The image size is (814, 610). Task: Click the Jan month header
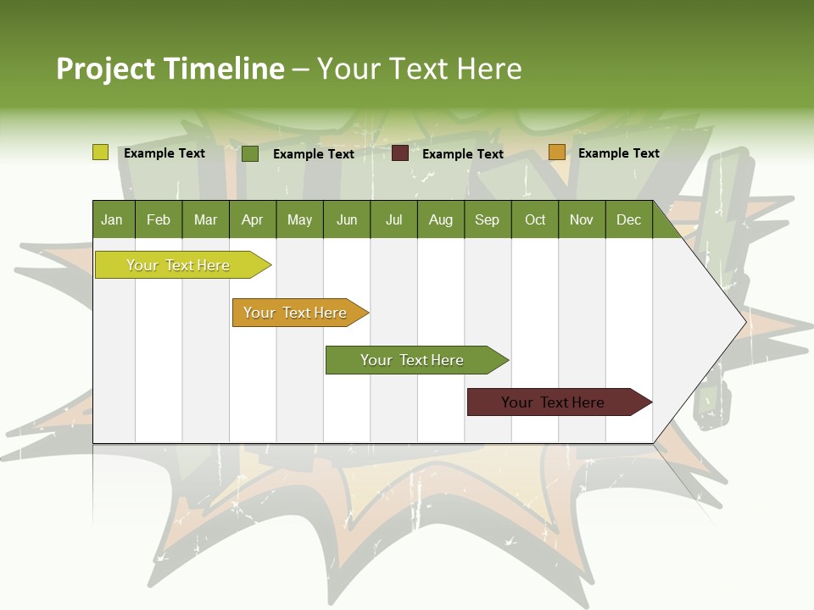point(113,219)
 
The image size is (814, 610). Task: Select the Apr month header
point(253,219)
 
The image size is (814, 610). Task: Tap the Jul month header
point(393,219)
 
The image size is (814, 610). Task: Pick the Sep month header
point(487,219)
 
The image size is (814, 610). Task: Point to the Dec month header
point(628,219)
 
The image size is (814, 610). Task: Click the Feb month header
point(159,219)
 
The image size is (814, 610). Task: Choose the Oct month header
point(535,219)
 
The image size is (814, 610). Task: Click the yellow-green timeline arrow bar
point(178,265)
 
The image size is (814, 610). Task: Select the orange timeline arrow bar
point(295,313)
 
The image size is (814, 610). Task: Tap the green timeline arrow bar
point(412,360)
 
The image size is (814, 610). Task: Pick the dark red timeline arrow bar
point(553,402)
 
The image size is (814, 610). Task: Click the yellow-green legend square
point(100,152)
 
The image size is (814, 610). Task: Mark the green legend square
point(250,153)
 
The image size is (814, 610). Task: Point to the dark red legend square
point(400,153)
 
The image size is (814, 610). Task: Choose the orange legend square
point(556,152)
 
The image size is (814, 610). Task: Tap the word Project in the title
point(105,69)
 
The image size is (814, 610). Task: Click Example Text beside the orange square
point(618,153)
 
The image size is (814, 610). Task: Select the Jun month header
point(347,219)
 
